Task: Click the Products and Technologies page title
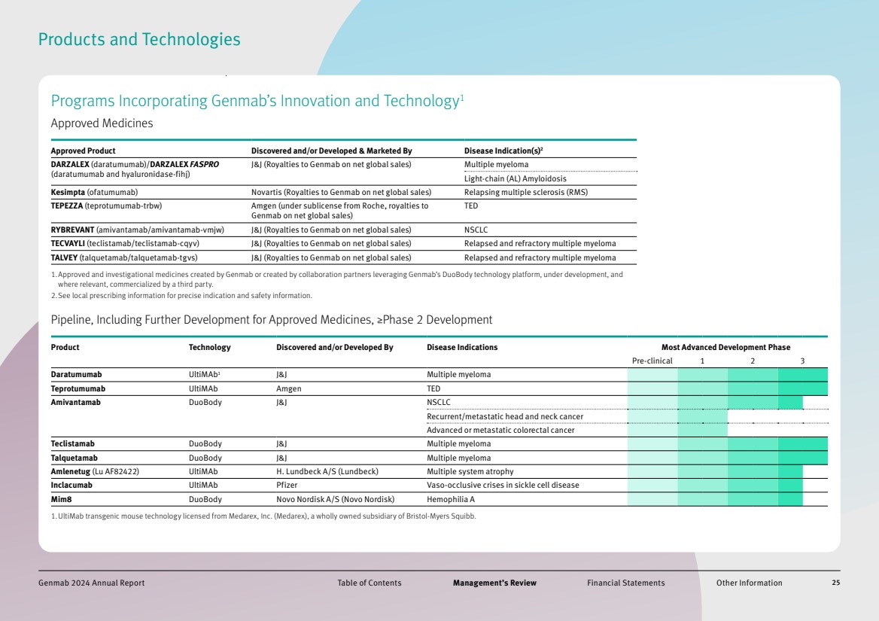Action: (139, 40)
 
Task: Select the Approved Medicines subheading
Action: (102, 123)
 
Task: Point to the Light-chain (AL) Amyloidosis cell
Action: (516, 178)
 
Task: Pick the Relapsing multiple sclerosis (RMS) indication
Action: (525, 192)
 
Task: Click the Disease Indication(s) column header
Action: (503, 151)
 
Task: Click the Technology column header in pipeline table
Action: (209, 348)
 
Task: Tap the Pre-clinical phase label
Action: (652, 361)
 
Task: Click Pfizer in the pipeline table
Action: (287, 486)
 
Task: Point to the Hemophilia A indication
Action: (451, 500)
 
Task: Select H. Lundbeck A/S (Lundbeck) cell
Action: (327, 472)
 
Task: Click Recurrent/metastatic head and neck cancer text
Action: (505, 417)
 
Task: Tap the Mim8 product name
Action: (61, 500)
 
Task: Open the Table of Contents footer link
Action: (369, 583)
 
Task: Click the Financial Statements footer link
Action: (625, 583)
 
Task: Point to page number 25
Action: (835, 583)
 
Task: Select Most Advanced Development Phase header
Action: (725, 348)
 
